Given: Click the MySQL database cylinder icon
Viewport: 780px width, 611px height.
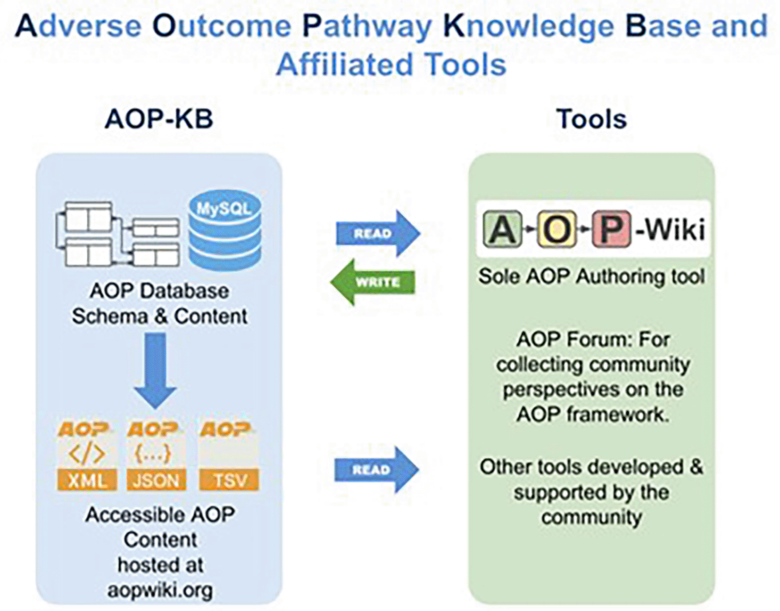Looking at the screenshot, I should click(224, 230).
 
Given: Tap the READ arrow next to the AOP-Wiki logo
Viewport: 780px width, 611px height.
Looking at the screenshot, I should click(378, 233).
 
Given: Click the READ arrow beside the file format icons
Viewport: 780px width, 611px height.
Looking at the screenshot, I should click(376, 470).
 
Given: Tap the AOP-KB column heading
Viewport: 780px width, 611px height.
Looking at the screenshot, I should click(159, 119).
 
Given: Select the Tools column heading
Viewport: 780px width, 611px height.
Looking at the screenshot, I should click(591, 119).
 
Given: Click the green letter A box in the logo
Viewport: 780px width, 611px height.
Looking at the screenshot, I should click(503, 229).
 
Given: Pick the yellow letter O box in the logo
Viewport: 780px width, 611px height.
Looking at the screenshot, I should click(557, 229).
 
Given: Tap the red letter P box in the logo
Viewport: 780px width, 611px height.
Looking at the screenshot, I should click(611, 229).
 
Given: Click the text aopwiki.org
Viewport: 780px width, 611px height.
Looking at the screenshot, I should click(160, 590).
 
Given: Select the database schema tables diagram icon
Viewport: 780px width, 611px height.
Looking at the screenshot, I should click(117, 234).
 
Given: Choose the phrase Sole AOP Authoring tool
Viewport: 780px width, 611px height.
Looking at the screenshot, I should click(591, 276).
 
